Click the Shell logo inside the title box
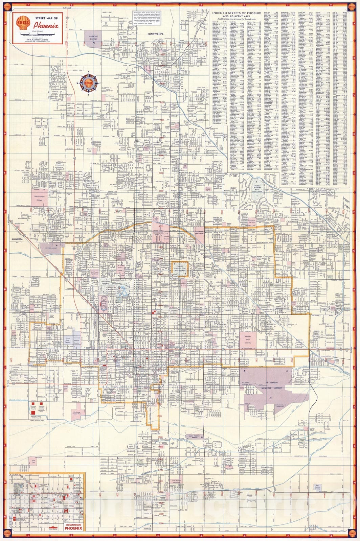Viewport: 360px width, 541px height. pos(23,24)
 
